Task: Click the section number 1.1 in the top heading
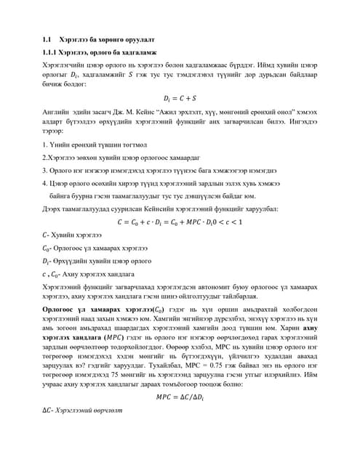[47, 39]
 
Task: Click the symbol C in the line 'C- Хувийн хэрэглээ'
[45, 235]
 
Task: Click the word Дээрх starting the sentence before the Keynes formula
[53, 209]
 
